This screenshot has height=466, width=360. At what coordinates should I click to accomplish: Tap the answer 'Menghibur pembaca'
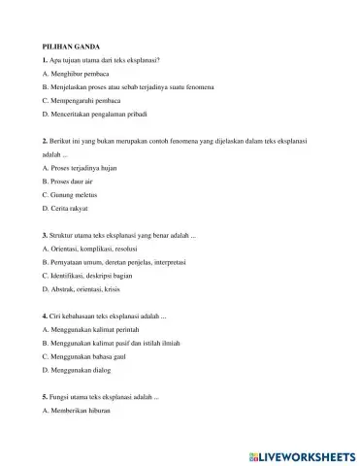(82, 73)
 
